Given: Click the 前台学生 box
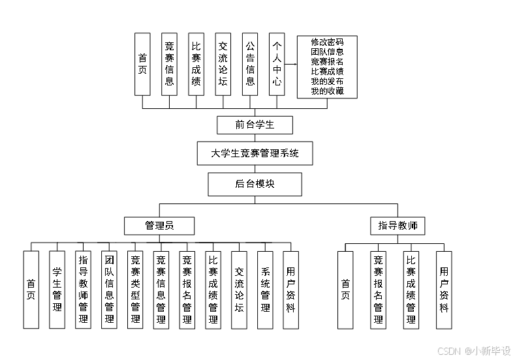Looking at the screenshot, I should point(255,125).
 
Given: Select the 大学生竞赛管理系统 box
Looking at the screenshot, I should point(255,155).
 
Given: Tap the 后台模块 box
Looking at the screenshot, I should point(255,184).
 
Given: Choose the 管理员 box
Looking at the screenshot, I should point(159,226).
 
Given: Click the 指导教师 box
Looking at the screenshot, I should point(398,226).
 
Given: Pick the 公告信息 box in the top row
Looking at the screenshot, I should point(250,64).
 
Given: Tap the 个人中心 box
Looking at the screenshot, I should point(277,64).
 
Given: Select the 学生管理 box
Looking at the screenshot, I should point(57,290).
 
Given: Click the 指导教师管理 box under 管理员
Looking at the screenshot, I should point(83,290).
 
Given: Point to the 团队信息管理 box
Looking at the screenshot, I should point(109,290).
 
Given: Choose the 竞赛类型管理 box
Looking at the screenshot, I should point(135,290).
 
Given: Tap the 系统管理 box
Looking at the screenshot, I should point(265,290).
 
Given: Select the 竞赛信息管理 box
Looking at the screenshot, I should point(161,290).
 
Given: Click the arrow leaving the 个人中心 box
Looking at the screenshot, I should point(291,65).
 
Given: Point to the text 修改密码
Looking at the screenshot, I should point(327,42).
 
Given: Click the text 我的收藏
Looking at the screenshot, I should point(327,91).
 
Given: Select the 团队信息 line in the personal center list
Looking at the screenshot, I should point(327,52).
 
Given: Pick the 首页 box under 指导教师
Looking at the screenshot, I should point(345,290).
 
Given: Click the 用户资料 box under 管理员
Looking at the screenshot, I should point(290,290).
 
